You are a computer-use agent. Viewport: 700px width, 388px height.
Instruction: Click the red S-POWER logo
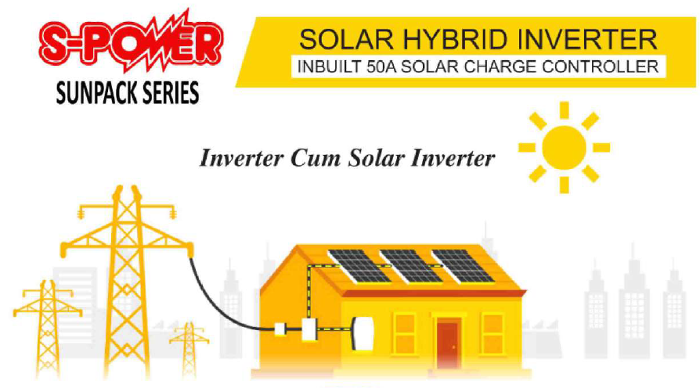click(x=130, y=41)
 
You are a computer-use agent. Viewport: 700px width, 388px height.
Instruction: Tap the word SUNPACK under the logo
click(x=91, y=93)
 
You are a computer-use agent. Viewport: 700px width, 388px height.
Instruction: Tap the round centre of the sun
click(x=564, y=147)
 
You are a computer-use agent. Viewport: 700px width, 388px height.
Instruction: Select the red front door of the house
click(x=447, y=344)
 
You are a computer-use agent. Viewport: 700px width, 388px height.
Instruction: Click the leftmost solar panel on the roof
click(x=359, y=266)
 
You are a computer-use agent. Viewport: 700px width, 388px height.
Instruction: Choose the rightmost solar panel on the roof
click(x=463, y=266)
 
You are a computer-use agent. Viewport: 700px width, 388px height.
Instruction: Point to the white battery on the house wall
click(x=363, y=333)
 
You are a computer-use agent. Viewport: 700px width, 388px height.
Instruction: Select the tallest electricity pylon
click(x=127, y=281)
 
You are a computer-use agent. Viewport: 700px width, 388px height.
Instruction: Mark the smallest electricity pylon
click(x=189, y=350)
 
